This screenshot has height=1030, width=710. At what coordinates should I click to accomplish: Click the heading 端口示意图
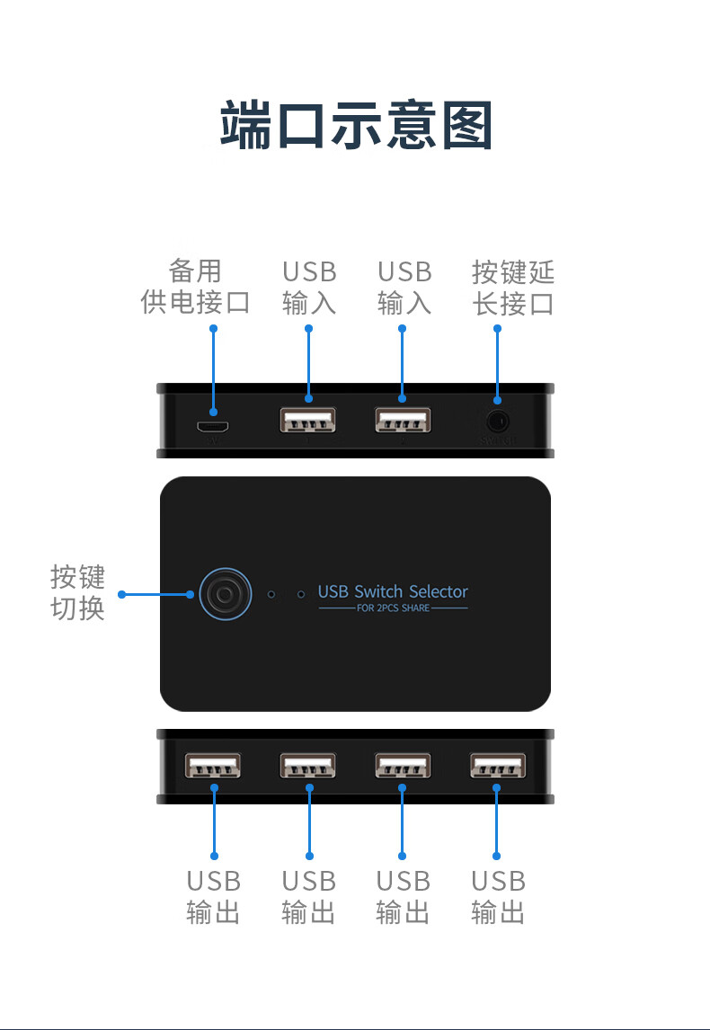[x=356, y=126]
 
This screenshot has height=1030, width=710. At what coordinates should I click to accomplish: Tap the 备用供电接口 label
[x=195, y=287]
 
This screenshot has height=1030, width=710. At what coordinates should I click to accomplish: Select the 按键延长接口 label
[x=513, y=287]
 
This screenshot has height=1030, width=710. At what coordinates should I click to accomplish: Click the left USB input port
[x=308, y=421]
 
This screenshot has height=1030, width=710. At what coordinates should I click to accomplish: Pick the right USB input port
[x=403, y=421]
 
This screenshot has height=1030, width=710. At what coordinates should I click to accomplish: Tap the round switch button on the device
[x=221, y=593]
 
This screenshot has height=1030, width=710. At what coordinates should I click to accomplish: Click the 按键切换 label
[x=77, y=592]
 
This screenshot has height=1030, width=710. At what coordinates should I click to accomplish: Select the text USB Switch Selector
[x=393, y=591]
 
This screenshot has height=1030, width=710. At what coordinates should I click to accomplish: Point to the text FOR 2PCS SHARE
[x=393, y=608]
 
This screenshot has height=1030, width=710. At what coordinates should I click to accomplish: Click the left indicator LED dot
[x=272, y=594]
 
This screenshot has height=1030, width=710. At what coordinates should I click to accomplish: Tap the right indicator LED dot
[x=300, y=594]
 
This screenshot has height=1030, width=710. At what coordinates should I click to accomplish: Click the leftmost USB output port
[x=213, y=766]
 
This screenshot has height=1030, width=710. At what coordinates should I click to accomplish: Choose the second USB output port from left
[x=308, y=766]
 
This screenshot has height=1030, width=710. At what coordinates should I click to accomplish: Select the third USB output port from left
[x=403, y=766]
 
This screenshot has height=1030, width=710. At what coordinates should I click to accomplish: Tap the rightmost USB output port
[x=497, y=766]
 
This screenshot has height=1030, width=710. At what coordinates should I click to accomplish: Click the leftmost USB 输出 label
[x=214, y=897]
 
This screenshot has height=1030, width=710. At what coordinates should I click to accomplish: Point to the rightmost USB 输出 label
[x=498, y=897]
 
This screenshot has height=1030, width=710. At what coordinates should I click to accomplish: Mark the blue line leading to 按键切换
[x=157, y=594]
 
